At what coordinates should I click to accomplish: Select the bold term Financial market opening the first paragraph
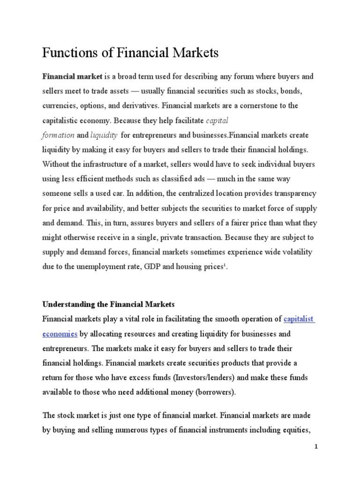[72, 76]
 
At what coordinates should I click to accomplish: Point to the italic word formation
[58, 135]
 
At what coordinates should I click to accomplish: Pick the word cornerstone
[259, 106]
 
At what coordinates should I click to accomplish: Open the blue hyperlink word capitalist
[299, 319]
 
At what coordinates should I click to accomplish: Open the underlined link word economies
[60, 334]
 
